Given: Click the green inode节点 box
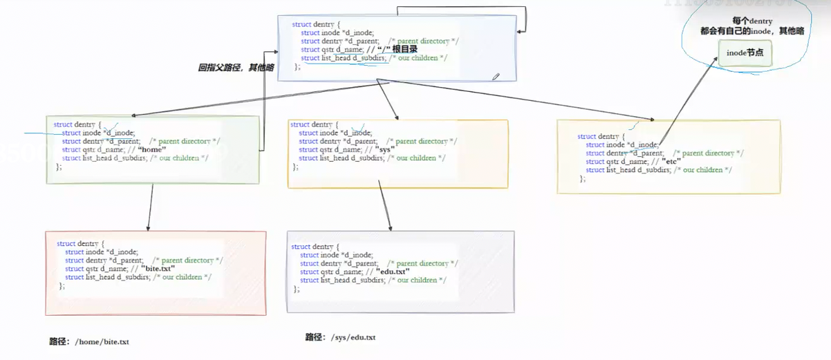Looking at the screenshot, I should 745,53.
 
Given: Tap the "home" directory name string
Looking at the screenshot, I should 152,149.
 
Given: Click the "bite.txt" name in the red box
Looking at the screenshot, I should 158,268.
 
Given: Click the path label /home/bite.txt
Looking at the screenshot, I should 89,341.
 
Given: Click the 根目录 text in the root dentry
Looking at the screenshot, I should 404,50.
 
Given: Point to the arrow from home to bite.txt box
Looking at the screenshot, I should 151,207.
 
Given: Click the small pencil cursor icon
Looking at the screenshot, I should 496,77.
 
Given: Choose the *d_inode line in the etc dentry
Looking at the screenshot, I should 622,144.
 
